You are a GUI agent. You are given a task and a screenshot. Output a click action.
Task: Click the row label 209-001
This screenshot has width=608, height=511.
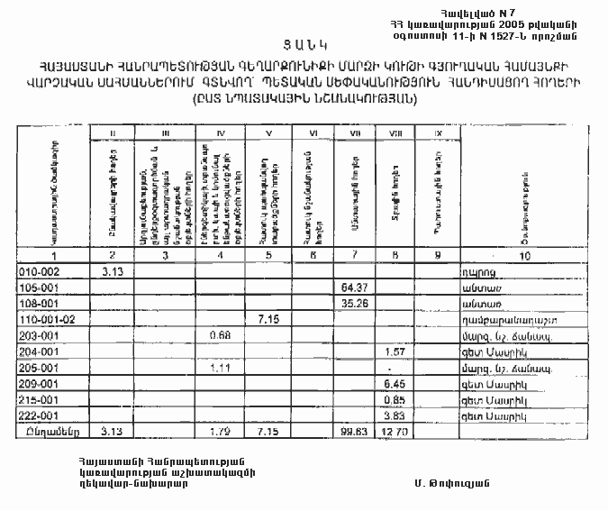pos(39,384)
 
